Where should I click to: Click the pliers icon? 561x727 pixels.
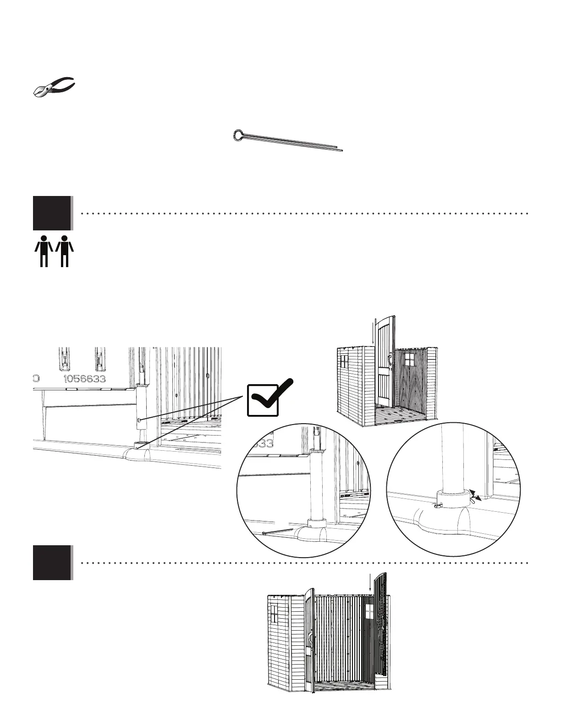54,86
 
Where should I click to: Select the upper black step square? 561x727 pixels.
52,213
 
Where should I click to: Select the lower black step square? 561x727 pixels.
52,562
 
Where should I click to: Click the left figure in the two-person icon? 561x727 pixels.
44,251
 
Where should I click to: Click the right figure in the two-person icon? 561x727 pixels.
65,251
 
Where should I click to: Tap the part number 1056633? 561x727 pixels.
84,379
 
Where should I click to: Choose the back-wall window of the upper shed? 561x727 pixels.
409,359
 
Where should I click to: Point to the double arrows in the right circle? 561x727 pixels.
477,496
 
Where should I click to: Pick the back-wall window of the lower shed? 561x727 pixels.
370,611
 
